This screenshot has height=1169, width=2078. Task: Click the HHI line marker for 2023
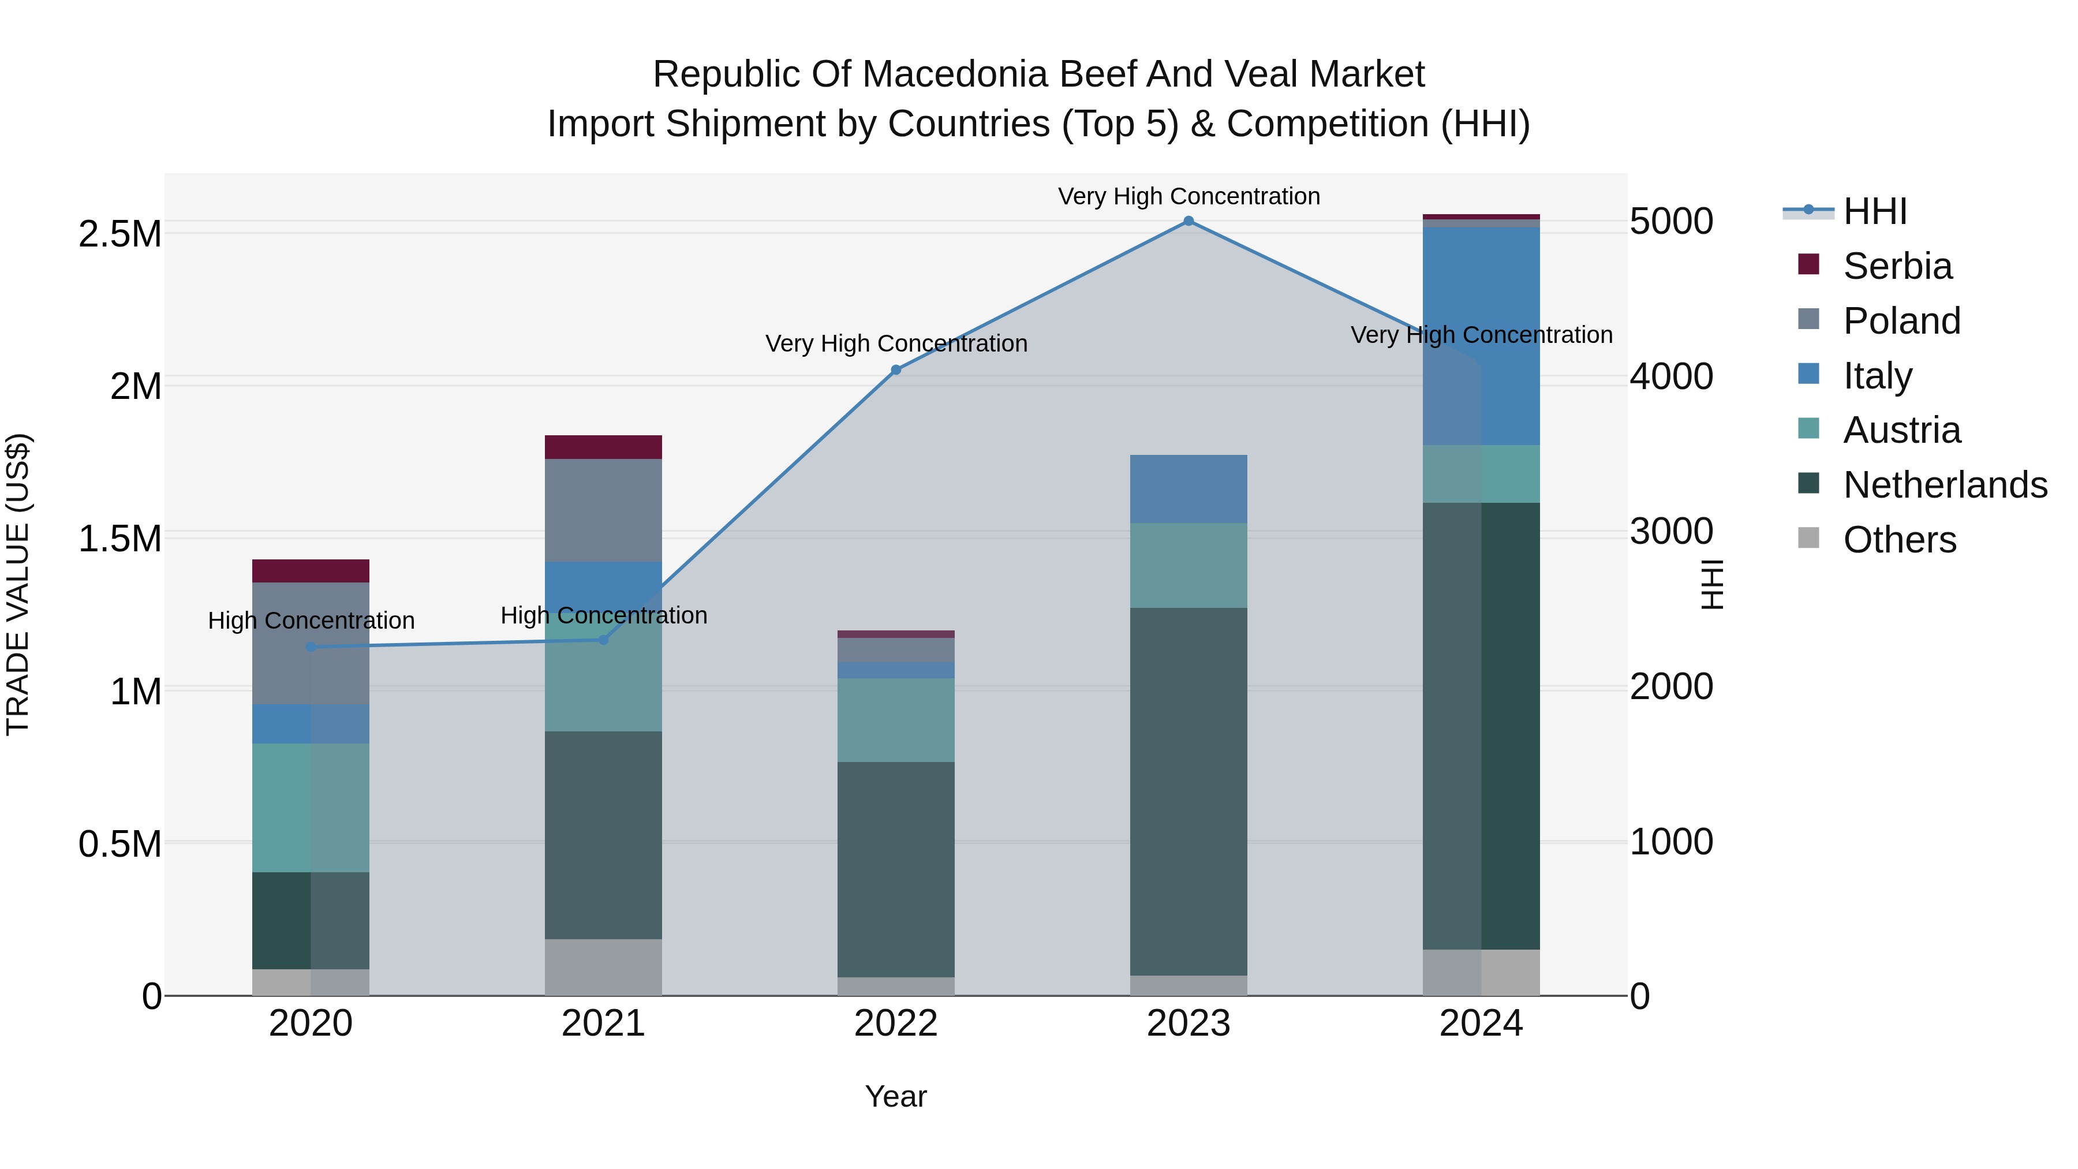pos(1189,221)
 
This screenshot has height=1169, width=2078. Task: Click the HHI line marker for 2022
pos(895,370)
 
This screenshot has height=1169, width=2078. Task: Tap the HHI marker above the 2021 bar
pos(603,640)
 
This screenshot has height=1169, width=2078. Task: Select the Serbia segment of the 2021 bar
pos(603,447)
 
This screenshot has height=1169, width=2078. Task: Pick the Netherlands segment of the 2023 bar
pos(1189,791)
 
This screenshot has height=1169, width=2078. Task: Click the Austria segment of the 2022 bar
pos(895,720)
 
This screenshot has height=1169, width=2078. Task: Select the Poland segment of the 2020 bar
pos(311,643)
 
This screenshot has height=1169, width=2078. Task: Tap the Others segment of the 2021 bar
pos(603,966)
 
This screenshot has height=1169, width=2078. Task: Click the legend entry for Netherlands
pos(1944,485)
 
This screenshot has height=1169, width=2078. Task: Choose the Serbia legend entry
pos(1897,266)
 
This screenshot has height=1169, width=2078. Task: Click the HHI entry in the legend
pos(1874,211)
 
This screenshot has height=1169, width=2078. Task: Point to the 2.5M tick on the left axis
pos(120,234)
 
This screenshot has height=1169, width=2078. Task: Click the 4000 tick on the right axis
pos(1672,377)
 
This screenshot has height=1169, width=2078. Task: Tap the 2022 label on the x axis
pos(895,1024)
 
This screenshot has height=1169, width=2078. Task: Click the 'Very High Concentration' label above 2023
pos(1189,196)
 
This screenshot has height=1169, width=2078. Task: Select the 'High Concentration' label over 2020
pos(311,621)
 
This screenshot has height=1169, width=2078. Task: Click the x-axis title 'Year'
pos(895,1096)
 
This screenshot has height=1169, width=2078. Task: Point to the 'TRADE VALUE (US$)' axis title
pos(18,584)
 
